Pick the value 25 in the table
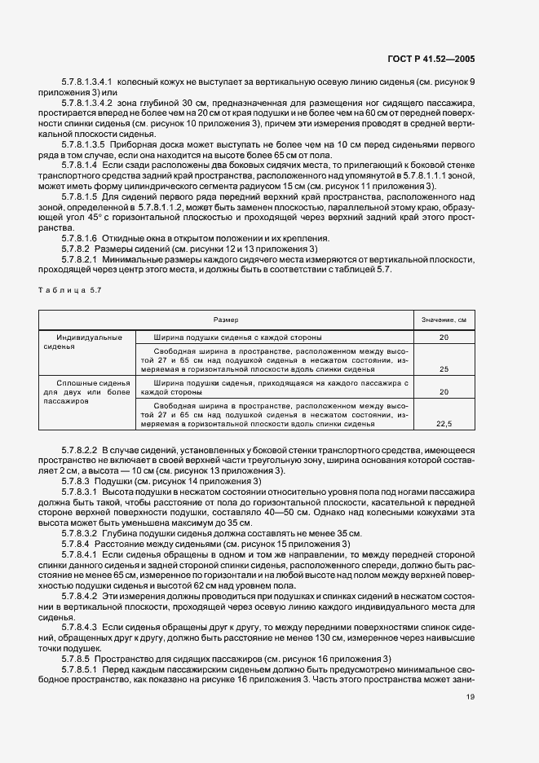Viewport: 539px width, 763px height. coord(444,368)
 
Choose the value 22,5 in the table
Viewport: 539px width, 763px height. coord(444,423)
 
